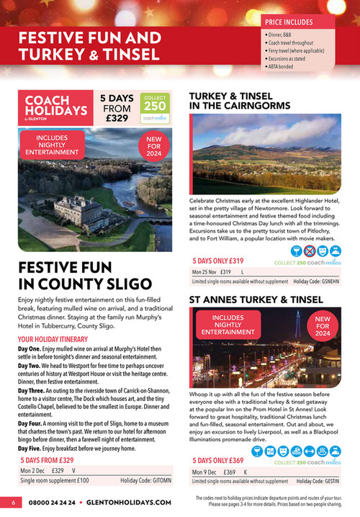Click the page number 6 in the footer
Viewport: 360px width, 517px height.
click(x=12, y=502)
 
